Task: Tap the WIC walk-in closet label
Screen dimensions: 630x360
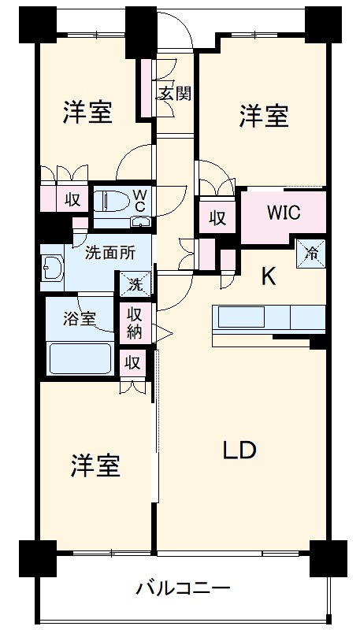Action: pyautogui.click(x=282, y=213)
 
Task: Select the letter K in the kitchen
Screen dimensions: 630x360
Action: pyautogui.click(x=268, y=276)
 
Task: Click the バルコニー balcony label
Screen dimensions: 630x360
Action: pyautogui.click(x=183, y=588)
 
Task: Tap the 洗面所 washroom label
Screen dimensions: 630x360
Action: pyautogui.click(x=109, y=254)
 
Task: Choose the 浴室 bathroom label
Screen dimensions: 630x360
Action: pyautogui.click(x=80, y=319)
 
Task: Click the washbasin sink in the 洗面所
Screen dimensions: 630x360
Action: pyautogui.click(x=53, y=270)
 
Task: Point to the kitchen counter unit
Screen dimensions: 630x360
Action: pyautogui.click(x=268, y=319)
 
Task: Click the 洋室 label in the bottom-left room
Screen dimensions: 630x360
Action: pyautogui.click(x=96, y=466)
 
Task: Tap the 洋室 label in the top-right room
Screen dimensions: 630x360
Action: pyautogui.click(x=264, y=117)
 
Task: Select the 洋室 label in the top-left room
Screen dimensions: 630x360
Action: pyautogui.click(x=88, y=113)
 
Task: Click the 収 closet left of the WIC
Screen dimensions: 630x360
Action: pyautogui.click(x=217, y=218)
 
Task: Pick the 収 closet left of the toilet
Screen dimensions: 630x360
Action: pyautogui.click(x=72, y=200)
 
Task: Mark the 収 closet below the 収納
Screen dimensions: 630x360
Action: pyautogui.click(x=132, y=362)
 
